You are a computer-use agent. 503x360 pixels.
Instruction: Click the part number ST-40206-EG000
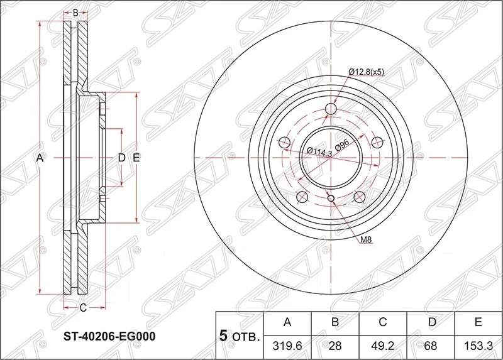(109, 336)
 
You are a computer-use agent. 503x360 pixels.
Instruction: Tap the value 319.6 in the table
(287, 346)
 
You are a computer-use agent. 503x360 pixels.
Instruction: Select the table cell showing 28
(335, 346)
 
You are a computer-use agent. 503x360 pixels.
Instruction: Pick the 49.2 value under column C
(383, 346)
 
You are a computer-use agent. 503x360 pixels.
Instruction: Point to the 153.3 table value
(478, 346)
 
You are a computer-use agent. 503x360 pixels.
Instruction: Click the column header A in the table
(287, 322)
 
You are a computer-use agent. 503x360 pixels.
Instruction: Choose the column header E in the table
(478, 322)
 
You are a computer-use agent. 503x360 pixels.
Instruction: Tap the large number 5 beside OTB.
(224, 335)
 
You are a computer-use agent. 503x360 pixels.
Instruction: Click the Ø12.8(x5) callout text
(366, 72)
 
